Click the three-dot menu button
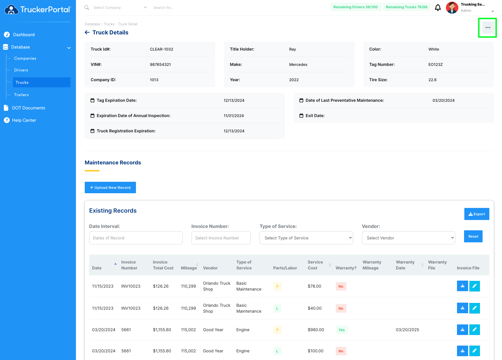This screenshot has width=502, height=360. pyautogui.click(x=488, y=28)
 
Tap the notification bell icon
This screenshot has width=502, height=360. pyautogui.click(x=438, y=7)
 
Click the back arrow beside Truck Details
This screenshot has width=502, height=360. pyautogui.click(x=87, y=32)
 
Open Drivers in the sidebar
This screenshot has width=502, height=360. pyautogui.click(x=21, y=70)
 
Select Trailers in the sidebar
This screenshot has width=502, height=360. pyautogui.click(x=21, y=95)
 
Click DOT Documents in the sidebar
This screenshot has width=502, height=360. pyautogui.click(x=29, y=108)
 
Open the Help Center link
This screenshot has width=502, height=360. pyautogui.click(x=24, y=120)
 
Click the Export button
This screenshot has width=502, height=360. pyautogui.click(x=477, y=214)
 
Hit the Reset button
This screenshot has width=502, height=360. pyautogui.click(x=473, y=236)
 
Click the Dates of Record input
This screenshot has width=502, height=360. pyautogui.click(x=136, y=238)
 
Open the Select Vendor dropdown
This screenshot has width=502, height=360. pyautogui.click(x=408, y=238)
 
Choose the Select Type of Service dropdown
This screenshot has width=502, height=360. pyautogui.click(x=306, y=238)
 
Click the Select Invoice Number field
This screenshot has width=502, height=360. pyautogui.click(x=221, y=238)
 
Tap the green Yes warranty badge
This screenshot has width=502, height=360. pyautogui.click(x=342, y=330)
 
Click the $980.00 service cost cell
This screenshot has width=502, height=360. pyautogui.click(x=316, y=330)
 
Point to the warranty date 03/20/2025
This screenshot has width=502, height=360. pyautogui.click(x=408, y=330)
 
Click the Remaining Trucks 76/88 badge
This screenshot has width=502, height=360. pyautogui.click(x=407, y=7)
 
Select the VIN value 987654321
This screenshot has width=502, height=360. pyautogui.click(x=160, y=64)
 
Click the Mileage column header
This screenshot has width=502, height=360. pyautogui.click(x=189, y=268)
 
